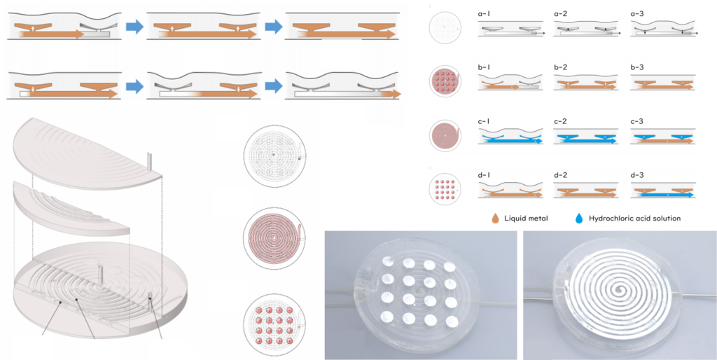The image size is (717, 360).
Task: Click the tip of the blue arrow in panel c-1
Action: pos(543,141)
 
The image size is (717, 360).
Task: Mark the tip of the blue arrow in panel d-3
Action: pos(693,195)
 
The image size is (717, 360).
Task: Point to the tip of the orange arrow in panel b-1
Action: pos(519,86)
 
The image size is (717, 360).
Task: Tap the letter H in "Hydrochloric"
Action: pos(592,219)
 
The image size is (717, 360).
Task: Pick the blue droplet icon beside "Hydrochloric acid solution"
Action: pos(579,219)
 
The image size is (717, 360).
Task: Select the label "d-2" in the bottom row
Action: pos(561,175)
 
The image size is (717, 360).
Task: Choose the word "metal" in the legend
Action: pos(538,219)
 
